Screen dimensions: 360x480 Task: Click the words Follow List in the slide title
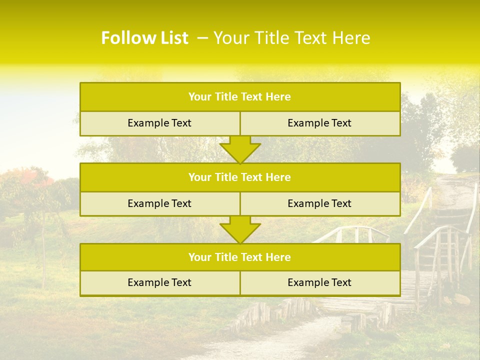[x=144, y=38]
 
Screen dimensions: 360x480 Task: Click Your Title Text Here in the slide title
[x=292, y=38]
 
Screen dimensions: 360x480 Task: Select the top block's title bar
[x=240, y=97]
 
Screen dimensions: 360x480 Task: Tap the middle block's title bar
[x=240, y=177]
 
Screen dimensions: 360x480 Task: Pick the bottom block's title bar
[x=240, y=257]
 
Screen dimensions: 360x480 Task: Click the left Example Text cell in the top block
[x=159, y=123]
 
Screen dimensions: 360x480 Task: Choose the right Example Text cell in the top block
[x=319, y=123]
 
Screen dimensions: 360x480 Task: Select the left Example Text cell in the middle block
[x=159, y=203]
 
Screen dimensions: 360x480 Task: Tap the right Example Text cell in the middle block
[x=319, y=203]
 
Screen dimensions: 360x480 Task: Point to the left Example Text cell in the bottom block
[x=159, y=282]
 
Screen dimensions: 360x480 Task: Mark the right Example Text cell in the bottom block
[x=319, y=282]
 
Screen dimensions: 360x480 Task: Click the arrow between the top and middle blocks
[x=240, y=149]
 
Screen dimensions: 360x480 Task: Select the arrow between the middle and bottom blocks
[x=240, y=229]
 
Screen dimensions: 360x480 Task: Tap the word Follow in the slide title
[x=126, y=38]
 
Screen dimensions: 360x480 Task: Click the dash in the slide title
[x=202, y=38]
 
